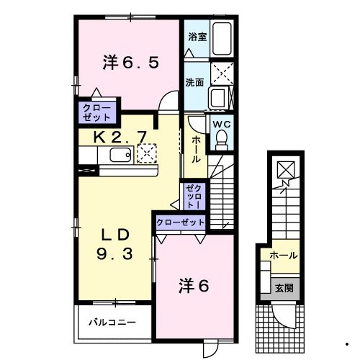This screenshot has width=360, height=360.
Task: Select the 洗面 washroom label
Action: pyautogui.click(x=195, y=81)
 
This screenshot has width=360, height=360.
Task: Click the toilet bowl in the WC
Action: pyautogui.click(x=220, y=138)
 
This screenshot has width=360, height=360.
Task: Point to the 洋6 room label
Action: pyautogui.click(x=194, y=286)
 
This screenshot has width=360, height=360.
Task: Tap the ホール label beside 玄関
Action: pyautogui.click(x=284, y=256)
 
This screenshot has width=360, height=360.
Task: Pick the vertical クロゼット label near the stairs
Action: pyautogui.click(x=194, y=197)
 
